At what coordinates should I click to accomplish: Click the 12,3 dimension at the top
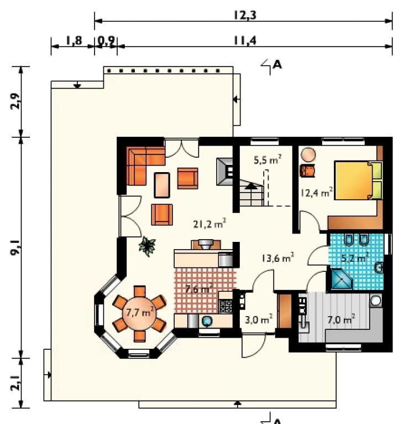(x=245, y=15)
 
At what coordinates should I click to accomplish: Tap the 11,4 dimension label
(x=245, y=41)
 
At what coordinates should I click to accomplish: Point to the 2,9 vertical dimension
(x=15, y=101)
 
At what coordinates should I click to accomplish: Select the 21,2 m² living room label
(x=209, y=224)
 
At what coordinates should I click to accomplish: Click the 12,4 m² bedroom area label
(x=317, y=193)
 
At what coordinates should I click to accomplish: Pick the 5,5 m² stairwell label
(x=268, y=159)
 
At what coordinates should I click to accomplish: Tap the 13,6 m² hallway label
(x=277, y=258)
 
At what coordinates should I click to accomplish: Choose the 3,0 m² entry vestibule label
(x=258, y=319)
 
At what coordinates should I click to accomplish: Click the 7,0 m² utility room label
(x=341, y=319)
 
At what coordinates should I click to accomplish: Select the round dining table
(x=139, y=313)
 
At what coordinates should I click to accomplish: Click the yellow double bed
(x=358, y=180)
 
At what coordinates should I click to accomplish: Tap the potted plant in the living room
(x=147, y=246)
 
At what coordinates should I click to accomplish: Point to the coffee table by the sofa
(x=162, y=185)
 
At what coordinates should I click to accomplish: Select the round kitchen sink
(x=207, y=321)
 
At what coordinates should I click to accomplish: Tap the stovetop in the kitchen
(x=226, y=306)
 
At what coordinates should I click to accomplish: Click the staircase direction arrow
(x=251, y=186)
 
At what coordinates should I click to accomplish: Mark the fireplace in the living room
(x=224, y=172)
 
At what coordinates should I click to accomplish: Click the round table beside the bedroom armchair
(x=308, y=155)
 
